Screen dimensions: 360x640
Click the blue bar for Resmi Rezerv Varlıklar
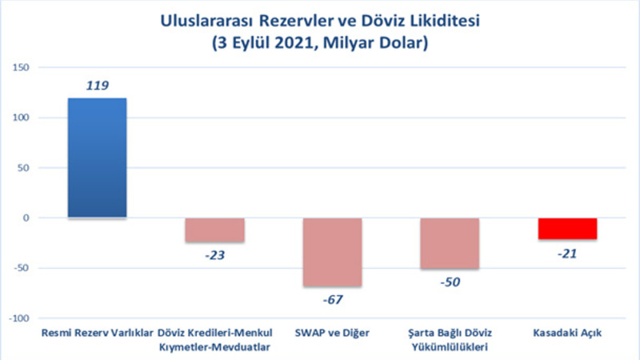point(97,158)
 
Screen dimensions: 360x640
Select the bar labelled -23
point(214,230)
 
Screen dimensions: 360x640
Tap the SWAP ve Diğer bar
point(332,252)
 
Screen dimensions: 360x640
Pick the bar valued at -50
point(450,243)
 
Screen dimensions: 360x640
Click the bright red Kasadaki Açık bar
point(567,228)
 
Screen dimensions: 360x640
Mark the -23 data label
point(215,256)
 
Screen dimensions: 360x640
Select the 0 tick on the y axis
point(26,218)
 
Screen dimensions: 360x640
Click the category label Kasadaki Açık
point(567,333)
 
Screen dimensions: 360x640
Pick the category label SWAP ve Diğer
point(332,333)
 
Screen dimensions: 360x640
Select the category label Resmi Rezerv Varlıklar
point(97,333)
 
